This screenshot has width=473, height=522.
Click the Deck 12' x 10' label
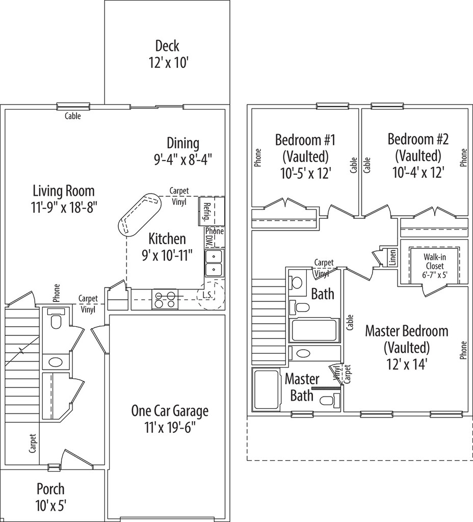point(167,54)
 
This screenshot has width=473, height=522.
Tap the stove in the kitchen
point(165,299)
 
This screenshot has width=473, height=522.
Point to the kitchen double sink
point(214,263)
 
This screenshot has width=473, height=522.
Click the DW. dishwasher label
point(208,238)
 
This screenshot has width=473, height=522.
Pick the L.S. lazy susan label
point(207,295)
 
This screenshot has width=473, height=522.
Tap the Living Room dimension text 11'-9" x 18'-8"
point(64,206)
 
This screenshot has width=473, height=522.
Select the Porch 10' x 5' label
point(50,497)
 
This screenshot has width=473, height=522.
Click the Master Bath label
point(302,387)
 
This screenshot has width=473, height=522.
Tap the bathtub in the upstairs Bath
point(314,330)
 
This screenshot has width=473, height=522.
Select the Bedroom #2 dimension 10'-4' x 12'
point(418,172)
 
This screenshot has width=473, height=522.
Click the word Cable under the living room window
point(72,116)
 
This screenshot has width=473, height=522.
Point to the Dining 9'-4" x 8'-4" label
point(183,151)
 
